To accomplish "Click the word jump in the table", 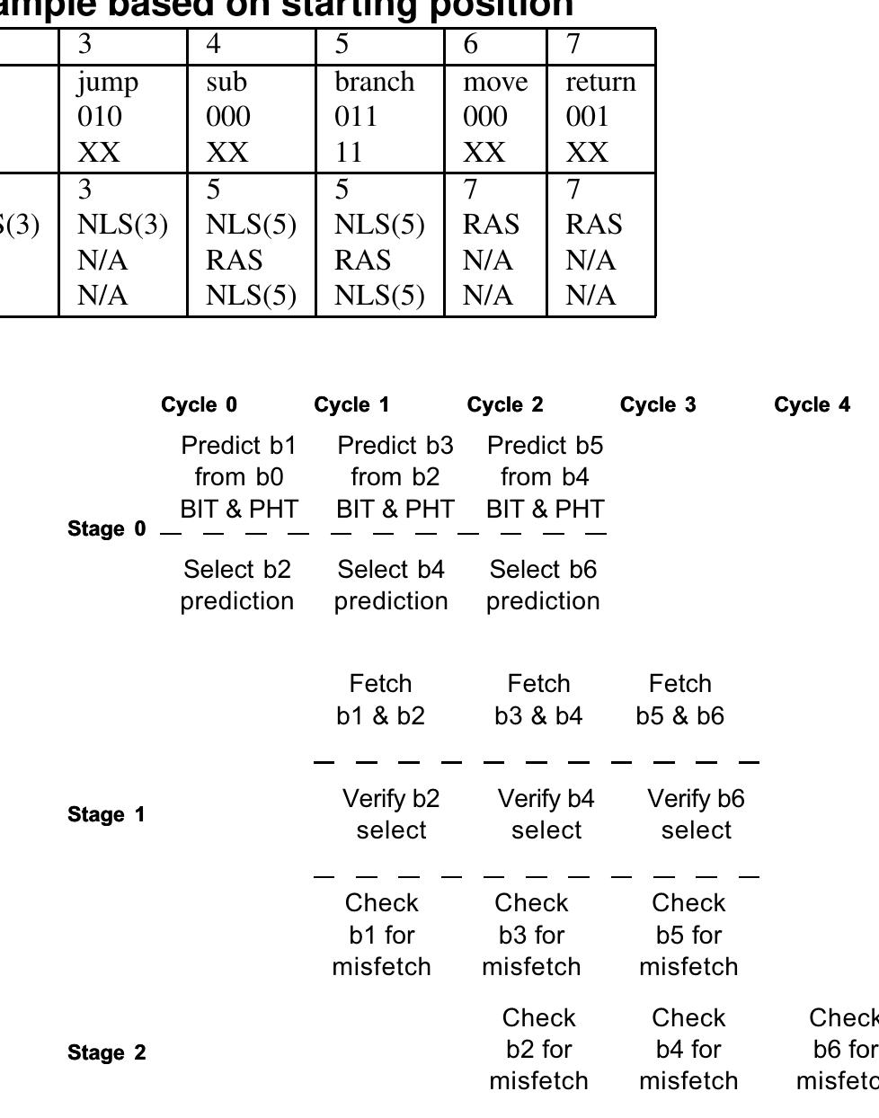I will point(108,82).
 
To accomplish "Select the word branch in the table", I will point(375,82).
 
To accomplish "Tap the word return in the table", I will point(600,82).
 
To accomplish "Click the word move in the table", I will point(495,82).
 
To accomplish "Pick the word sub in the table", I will point(226,82).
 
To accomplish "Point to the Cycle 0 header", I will point(200,404).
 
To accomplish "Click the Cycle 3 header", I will point(658,404).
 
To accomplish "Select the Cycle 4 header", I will point(812,404).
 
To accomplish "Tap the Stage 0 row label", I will point(106,528).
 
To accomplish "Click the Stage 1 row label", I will point(106,814).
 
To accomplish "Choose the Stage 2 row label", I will point(106,1052).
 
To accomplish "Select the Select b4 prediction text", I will point(391,585).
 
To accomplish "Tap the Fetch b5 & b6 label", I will point(679,699).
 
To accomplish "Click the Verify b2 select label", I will point(391,814).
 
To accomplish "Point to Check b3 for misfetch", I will point(531,935).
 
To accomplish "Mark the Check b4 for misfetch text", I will point(688,1049).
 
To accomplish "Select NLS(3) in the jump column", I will point(122,225).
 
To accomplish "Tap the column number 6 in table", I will point(470,45).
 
